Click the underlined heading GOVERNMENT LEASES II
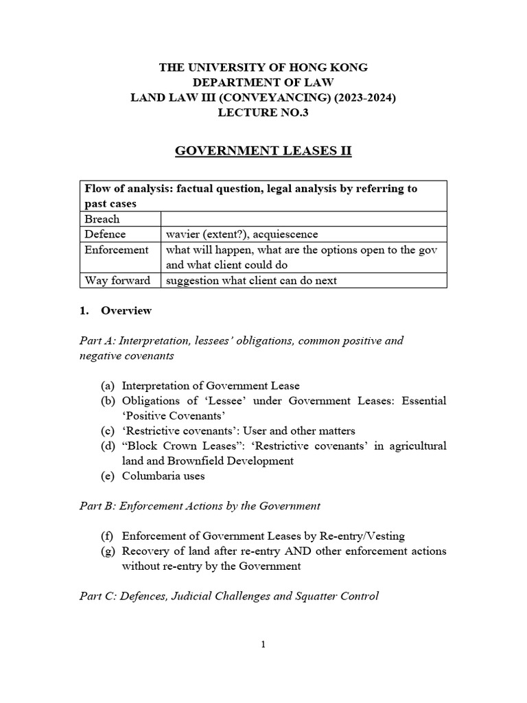point(263,150)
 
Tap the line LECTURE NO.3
point(263,113)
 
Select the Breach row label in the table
point(102,219)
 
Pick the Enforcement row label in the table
point(116,250)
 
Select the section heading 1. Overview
point(115,310)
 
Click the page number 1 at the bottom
point(263,644)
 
